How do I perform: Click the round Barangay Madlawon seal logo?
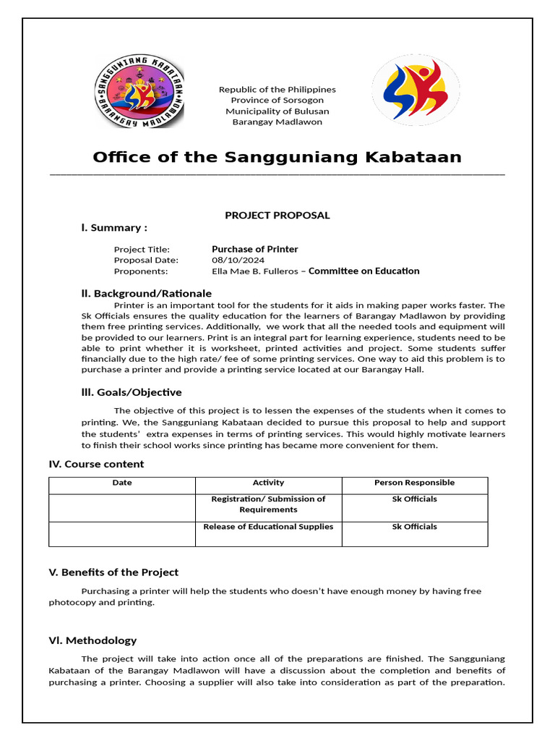[139, 92]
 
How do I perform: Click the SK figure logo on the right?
[416, 90]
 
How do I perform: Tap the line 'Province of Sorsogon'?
[277, 100]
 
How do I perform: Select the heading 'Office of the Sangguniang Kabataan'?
[277, 157]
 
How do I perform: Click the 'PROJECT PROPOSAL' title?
[277, 215]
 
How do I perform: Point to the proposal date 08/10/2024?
[238, 260]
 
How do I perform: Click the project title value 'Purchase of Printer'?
[254, 249]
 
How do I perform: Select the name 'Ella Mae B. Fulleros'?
[257, 271]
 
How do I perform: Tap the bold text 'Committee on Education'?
[364, 271]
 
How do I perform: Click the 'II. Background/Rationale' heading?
[146, 293]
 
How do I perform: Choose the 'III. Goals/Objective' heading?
[131, 392]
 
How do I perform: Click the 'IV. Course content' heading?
[96, 464]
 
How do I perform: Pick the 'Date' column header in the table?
[122, 483]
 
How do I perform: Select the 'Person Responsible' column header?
[414, 483]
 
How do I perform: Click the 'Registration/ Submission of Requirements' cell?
[268, 504]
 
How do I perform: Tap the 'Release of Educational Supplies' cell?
[268, 527]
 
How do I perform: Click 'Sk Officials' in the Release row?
[414, 527]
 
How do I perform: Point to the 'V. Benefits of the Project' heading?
[113, 572]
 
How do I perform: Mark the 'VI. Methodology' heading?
[92, 640]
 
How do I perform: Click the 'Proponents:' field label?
[140, 271]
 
